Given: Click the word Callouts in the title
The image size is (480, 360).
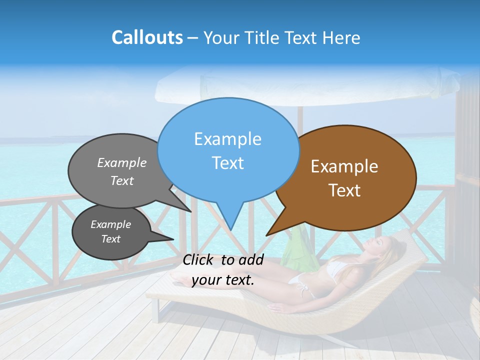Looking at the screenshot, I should tap(147, 37).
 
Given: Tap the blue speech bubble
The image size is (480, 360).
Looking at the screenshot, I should tap(228, 150).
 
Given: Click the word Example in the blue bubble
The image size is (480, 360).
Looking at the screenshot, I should tap(227, 139).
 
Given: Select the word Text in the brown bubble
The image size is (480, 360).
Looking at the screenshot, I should tap(345, 190).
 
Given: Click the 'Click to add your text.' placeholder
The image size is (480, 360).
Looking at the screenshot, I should tap(223, 270).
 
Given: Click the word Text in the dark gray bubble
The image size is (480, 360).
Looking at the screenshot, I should tap(111, 239).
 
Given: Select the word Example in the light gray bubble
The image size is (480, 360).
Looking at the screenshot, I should tap(122, 163).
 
